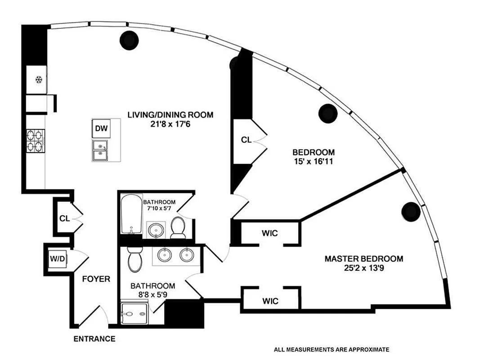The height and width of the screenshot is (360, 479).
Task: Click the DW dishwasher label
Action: click(101, 128)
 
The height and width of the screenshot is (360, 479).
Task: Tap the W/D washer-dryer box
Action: click(58, 259)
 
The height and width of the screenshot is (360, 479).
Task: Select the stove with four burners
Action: click(36, 141)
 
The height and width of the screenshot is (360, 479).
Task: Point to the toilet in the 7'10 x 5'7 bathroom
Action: click(177, 227)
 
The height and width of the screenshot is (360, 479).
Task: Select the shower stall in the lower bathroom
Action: click(134, 314)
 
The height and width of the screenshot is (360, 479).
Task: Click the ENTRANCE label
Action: click(94, 339)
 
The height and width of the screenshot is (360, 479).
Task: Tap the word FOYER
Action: click(96, 279)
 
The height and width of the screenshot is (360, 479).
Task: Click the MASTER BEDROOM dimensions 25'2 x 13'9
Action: click(363, 268)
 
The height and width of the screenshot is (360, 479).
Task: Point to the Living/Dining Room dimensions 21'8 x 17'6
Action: click(170, 124)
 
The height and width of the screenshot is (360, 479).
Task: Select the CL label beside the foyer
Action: click(64, 219)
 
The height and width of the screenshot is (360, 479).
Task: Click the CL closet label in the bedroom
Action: click(246, 140)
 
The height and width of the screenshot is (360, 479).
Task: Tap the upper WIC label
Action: click(270, 234)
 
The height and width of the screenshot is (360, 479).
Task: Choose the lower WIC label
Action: click(270, 301)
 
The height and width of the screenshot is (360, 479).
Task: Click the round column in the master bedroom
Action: click(411, 211)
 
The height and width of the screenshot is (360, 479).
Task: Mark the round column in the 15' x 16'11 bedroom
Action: click(328, 113)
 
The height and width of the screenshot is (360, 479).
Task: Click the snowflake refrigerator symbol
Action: click(39, 80)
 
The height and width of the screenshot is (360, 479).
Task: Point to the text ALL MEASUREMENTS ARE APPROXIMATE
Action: click(331, 349)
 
